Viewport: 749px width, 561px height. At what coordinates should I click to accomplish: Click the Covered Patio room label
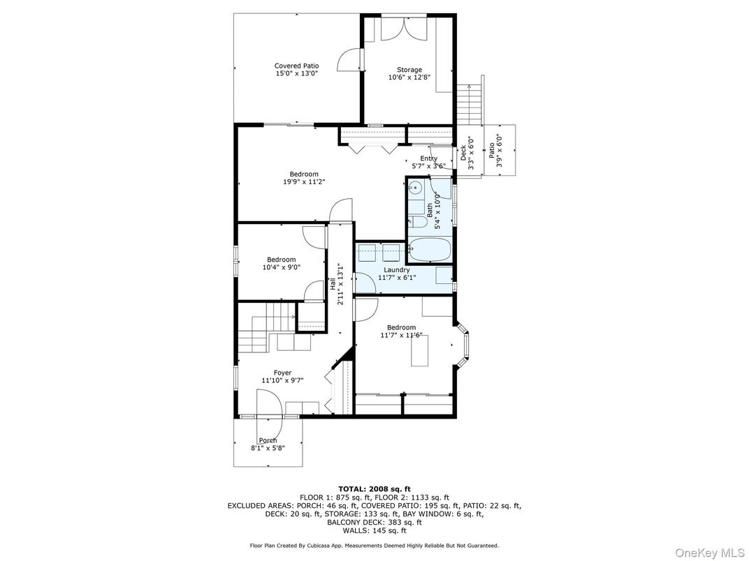(296, 66)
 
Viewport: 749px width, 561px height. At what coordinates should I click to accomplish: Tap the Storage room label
(409, 70)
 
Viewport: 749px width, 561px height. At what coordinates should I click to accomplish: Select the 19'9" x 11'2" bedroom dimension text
(304, 181)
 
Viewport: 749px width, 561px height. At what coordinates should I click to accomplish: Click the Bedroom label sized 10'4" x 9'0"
(279, 260)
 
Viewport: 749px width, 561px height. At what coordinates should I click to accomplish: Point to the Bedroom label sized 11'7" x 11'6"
(401, 327)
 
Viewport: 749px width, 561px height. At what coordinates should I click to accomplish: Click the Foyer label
(282, 373)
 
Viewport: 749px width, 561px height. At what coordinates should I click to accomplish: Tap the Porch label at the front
(268, 440)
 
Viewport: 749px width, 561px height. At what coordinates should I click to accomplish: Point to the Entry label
(428, 158)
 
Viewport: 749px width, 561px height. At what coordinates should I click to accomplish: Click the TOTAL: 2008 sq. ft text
(374, 488)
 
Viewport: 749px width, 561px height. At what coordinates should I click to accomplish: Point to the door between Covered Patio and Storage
(351, 60)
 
